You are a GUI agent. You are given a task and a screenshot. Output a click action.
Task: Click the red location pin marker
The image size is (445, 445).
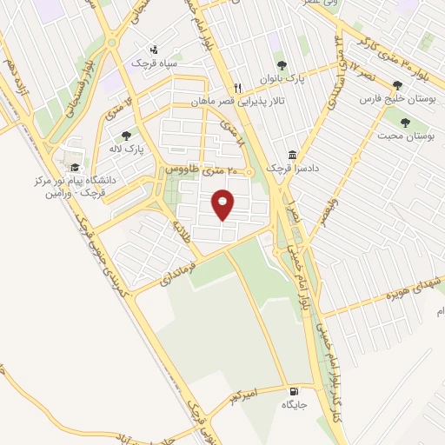click(x=224, y=203)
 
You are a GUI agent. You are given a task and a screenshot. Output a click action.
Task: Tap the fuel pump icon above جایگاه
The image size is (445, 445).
click(x=295, y=392)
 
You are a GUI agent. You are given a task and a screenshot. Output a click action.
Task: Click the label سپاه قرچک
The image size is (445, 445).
click(x=153, y=63)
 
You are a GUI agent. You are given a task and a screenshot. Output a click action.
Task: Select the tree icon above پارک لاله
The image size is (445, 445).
click(x=127, y=136)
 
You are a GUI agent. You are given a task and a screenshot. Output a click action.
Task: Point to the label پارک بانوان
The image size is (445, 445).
click(x=280, y=78)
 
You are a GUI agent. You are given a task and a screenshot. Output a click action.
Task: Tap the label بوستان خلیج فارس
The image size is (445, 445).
click(x=398, y=99)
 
